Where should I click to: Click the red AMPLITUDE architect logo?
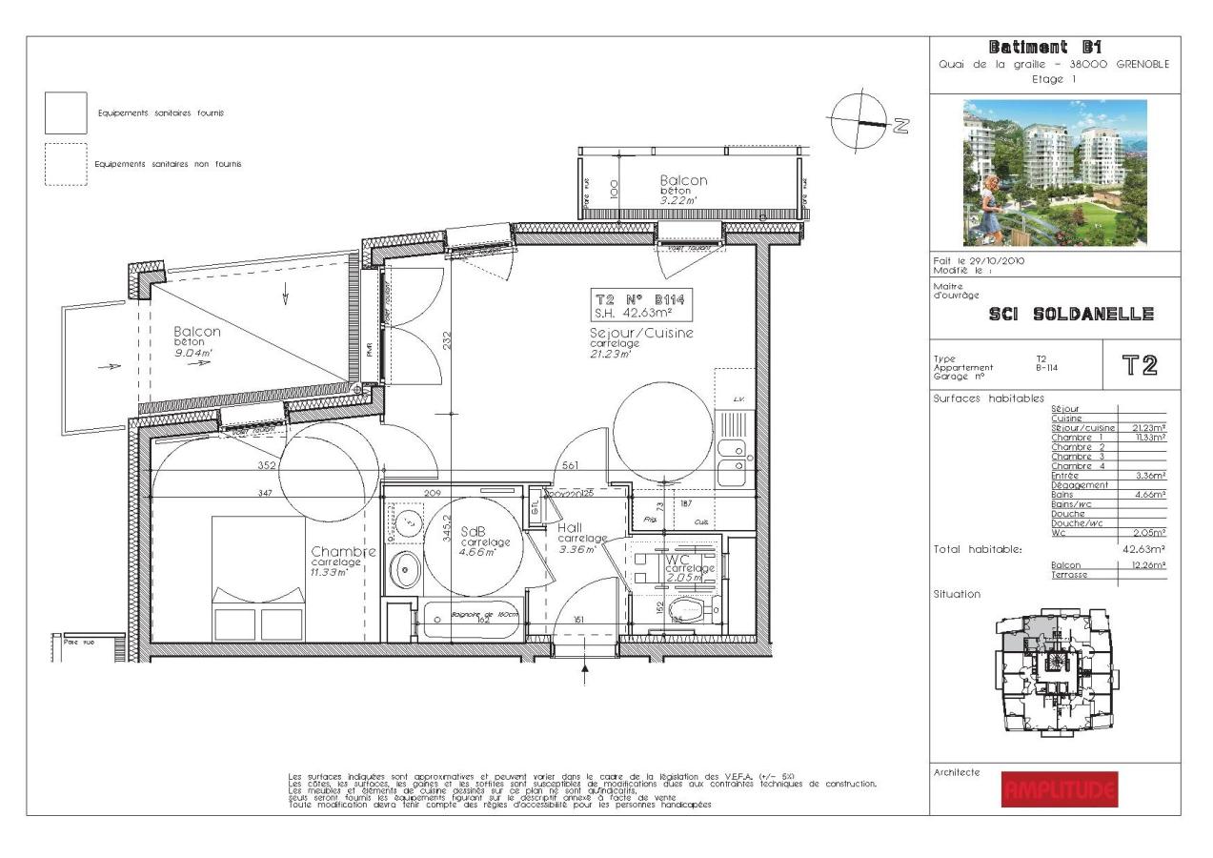coord(1060,788)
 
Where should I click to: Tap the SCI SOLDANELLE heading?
coord(1072,315)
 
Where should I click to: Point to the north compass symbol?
coord(860,121)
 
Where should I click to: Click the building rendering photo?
coord(1055,172)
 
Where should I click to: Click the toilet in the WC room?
coord(688,608)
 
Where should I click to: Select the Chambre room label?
coord(343,552)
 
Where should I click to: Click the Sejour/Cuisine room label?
coord(640,334)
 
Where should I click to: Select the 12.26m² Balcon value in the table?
coord(1148,564)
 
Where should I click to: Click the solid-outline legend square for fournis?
coord(66,113)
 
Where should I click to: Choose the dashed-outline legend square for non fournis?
coord(66,164)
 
